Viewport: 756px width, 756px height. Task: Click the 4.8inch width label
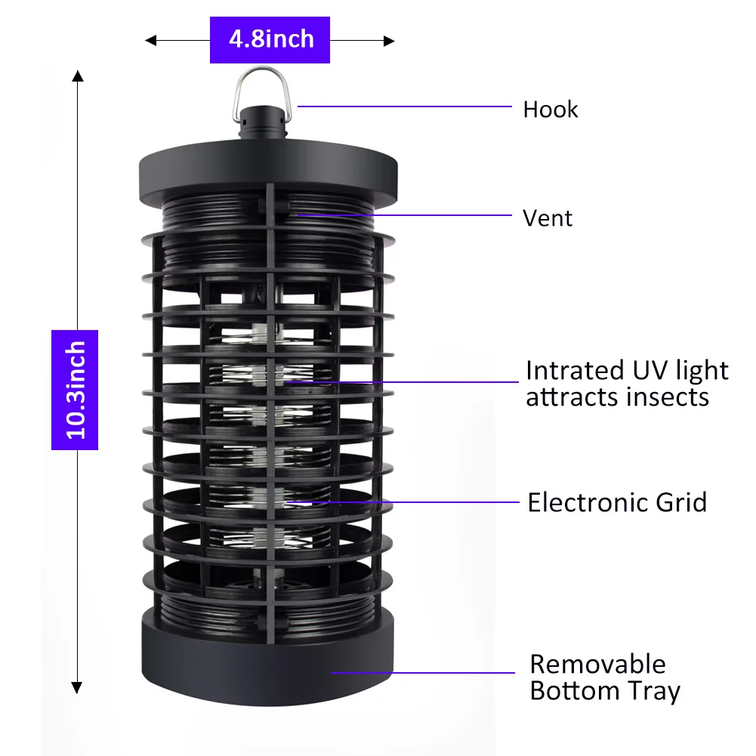(x=270, y=39)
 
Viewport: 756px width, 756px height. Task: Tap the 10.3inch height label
(x=75, y=390)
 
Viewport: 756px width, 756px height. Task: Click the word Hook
(x=550, y=110)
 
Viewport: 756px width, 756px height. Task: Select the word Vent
(x=548, y=218)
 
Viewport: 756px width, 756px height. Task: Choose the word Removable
(x=597, y=664)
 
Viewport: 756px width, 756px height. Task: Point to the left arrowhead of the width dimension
(x=150, y=40)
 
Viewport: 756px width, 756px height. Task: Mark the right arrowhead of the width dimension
(x=390, y=40)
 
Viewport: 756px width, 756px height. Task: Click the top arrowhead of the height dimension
(x=77, y=76)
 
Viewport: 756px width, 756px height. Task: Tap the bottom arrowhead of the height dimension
(x=77, y=687)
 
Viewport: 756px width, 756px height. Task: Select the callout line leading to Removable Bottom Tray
(x=423, y=671)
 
